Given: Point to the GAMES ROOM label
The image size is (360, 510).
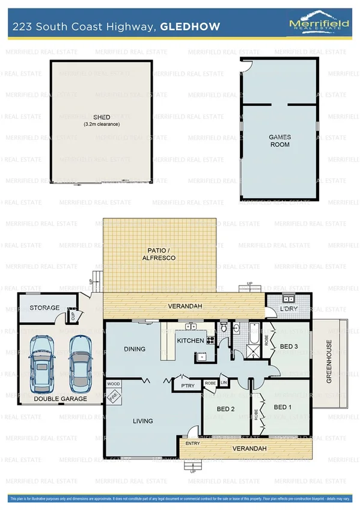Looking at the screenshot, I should point(279,141).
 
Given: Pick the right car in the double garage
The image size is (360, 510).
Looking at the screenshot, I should point(79,361).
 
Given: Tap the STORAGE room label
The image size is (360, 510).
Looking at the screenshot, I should point(44,308).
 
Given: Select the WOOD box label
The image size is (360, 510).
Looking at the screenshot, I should point(114,383).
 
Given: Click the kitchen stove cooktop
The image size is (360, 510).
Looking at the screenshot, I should point(211,340).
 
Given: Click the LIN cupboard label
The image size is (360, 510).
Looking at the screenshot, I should point(224,382).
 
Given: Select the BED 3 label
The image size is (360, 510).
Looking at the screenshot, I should point(288,346).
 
